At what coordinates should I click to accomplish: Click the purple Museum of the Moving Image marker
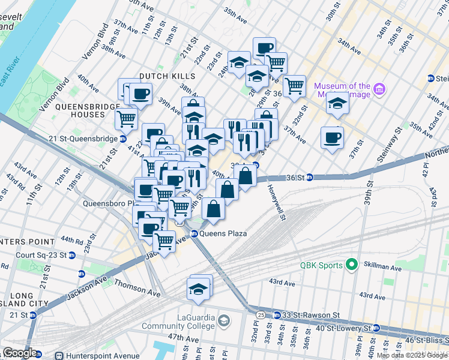click(x=379, y=90)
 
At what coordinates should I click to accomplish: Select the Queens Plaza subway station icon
click(x=194, y=233)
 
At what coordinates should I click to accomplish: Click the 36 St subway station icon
click(x=310, y=177)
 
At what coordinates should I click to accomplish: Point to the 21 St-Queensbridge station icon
click(x=123, y=139)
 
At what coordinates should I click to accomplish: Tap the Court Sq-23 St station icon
click(x=72, y=255)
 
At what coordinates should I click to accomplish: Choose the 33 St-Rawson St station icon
click(x=277, y=315)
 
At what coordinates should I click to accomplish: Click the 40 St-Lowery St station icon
click(x=376, y=328)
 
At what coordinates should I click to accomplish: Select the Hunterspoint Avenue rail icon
click(x=59, y=355)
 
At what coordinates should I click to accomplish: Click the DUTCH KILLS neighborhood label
click(x=167, y=76)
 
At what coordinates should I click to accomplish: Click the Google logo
click(x=19, y=353)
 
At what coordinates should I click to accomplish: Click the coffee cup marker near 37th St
click(x=332, y=138)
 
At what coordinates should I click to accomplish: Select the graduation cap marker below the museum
click(x=337, y=103)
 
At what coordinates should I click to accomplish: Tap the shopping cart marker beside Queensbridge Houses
click(x=127, y=118)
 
